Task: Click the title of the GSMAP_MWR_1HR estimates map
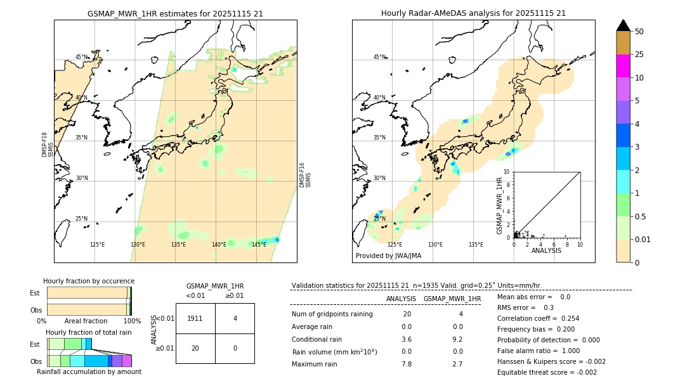(x=175, y=13)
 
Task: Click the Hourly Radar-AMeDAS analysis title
(x=473, y=13)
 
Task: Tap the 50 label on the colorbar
(x=639, y=32)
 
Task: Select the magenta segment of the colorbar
(x=623, y=66)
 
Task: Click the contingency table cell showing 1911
(x=195, y=318)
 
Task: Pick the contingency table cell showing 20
(x=195, y=348)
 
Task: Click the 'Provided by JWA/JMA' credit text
(x=388, y=256)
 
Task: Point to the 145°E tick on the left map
(x=259, y=245)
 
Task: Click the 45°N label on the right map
(x=379, y=57)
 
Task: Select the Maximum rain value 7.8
(x=407, y=364)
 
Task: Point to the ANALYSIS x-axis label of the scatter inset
(x=546, y=250)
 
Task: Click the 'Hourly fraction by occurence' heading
(x=89, y=281)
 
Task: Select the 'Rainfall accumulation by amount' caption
(x=89, y=372)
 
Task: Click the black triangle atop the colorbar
(x=623, y=25)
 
